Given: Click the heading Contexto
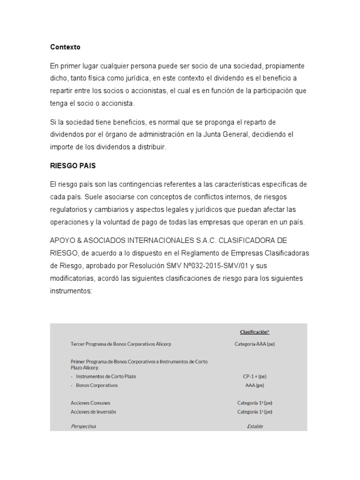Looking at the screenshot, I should coord(65,47).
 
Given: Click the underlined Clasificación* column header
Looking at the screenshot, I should coord(255,332).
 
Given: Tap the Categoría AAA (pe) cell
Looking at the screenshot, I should coord(255,344).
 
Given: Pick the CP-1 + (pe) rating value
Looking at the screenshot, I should coord(255,376).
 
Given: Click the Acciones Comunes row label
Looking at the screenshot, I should coord(90,403).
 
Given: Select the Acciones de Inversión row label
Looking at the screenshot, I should coord(93,412).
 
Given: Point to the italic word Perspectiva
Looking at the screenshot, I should coord(83,426).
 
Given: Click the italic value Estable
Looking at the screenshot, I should coord(255,426).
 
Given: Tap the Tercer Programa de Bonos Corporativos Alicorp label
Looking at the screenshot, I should coord(120,344).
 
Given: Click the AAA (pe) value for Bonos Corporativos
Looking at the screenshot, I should coord(255,385).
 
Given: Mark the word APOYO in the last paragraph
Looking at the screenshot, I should coord(62,240).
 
